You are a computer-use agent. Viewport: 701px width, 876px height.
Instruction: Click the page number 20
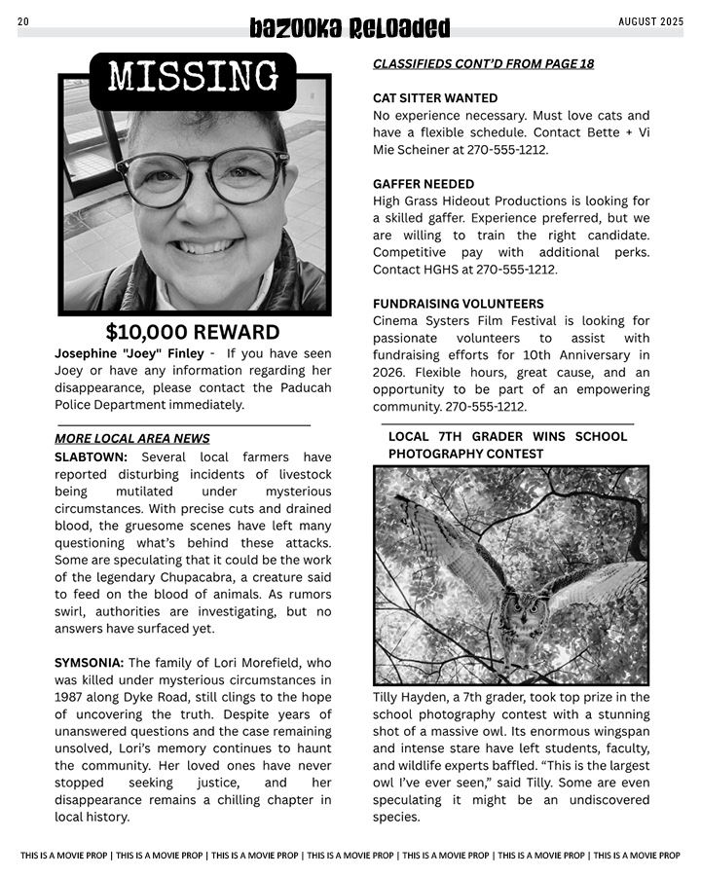[23, 21]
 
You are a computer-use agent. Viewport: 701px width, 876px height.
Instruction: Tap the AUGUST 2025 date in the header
[651, 21]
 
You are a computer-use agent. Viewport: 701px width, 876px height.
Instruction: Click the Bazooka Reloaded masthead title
[350, 28]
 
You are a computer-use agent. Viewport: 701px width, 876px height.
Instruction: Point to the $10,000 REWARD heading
[193, 332]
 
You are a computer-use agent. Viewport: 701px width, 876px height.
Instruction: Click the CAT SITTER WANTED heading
[435, 98]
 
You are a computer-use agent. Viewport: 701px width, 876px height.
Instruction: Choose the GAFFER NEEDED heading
[424, 184]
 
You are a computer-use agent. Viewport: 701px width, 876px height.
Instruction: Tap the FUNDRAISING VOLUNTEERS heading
[459, 304]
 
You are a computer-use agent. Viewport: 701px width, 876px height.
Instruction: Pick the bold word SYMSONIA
[89, 663]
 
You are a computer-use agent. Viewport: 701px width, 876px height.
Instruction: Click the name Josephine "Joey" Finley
[129, 353]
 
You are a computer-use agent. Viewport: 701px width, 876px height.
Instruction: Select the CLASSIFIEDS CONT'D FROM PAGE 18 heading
[483, 64]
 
